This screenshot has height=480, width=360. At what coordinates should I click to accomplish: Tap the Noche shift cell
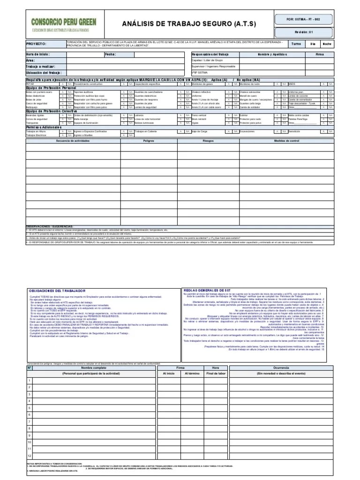coord(326,44)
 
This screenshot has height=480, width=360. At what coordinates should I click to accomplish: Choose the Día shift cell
coord(312,44)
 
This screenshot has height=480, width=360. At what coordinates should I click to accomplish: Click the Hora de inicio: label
coord(37,54)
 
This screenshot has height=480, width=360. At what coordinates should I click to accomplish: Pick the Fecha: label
coord(110,54)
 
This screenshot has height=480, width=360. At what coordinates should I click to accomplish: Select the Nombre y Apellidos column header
coord(275,54)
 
